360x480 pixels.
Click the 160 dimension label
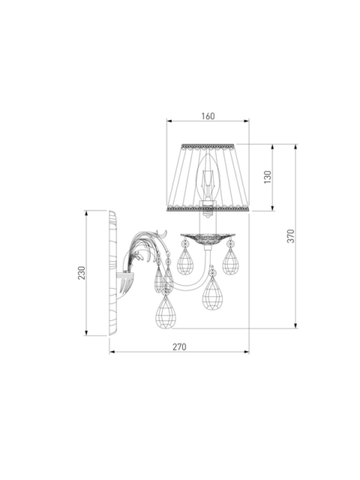(x=208, y=116)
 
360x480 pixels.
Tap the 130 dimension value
(x=268, y=177)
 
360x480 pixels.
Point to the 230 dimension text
(x=82, y=273)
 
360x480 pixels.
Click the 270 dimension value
(x=179, y=347)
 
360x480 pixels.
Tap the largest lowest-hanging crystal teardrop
(x=166, y=311)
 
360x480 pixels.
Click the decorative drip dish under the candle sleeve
(x=208, y=238)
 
